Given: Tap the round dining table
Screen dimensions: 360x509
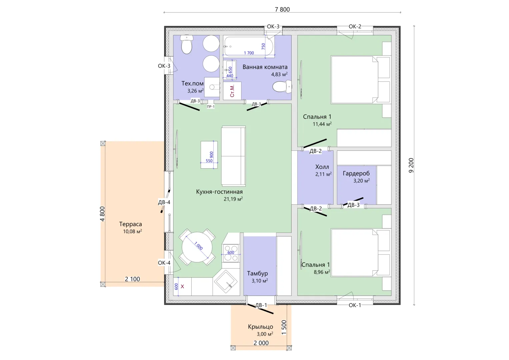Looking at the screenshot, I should coord(197,247).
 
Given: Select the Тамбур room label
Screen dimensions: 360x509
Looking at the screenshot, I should coord(257,273).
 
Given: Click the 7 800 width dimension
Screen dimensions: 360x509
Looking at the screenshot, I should coord(282,9).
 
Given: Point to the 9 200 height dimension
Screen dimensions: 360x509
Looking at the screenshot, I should coord(411,165).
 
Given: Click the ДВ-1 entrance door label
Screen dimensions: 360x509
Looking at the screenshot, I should coord(261,305).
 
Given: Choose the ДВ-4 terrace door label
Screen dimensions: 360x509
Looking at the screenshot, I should coord(164,202).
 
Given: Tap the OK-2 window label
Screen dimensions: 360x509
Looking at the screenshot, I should coord(355,26).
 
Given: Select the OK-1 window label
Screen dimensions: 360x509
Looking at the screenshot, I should coord(355,305).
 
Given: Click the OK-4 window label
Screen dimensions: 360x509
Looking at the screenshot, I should coord(164,263).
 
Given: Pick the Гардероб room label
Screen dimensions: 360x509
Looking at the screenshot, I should coord(356,173).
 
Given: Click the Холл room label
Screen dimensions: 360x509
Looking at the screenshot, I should coord(322,167).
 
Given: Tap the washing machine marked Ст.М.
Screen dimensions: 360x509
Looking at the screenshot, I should coord(232,91).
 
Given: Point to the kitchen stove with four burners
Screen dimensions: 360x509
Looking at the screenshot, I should coord(231,253).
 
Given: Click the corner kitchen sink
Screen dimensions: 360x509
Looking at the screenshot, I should coord(226,282).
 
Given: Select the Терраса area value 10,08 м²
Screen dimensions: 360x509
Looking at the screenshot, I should coord(132,231).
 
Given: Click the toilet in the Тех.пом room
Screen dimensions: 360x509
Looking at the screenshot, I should coord(187,45).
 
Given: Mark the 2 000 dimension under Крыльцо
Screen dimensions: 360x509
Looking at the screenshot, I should coord(261,343).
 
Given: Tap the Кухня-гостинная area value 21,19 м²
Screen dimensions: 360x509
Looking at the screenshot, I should coord(233,199).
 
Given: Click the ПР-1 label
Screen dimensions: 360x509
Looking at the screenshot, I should coord(211,107).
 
